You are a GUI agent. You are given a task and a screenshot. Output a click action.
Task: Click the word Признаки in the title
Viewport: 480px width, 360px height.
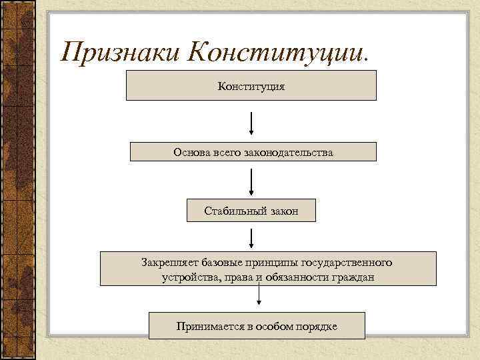118,51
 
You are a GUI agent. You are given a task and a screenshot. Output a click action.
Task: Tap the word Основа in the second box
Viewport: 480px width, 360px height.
191,153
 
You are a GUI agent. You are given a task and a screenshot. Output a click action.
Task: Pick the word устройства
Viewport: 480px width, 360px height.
190,277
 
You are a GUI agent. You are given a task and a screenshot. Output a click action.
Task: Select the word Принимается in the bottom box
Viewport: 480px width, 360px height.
208,327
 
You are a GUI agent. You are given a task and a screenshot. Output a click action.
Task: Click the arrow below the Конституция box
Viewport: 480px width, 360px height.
251,123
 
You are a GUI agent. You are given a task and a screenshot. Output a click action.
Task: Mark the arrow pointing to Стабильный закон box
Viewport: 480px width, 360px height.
251,181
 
